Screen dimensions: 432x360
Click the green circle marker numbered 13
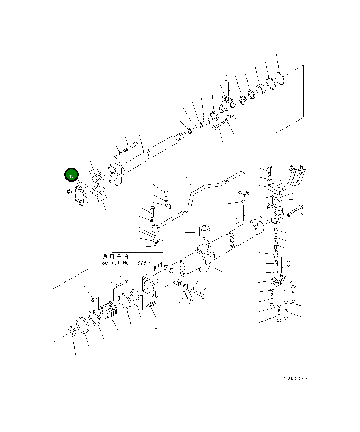click(71, 176)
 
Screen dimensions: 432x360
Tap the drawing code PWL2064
click(296, 379)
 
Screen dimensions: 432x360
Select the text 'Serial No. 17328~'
click(127, 263)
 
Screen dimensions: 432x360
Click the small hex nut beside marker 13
click(69, 191)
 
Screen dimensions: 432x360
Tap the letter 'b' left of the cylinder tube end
click(237, 220)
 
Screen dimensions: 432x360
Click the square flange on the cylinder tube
click(150, 286)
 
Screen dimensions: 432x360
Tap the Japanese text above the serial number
click(115, 256)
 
